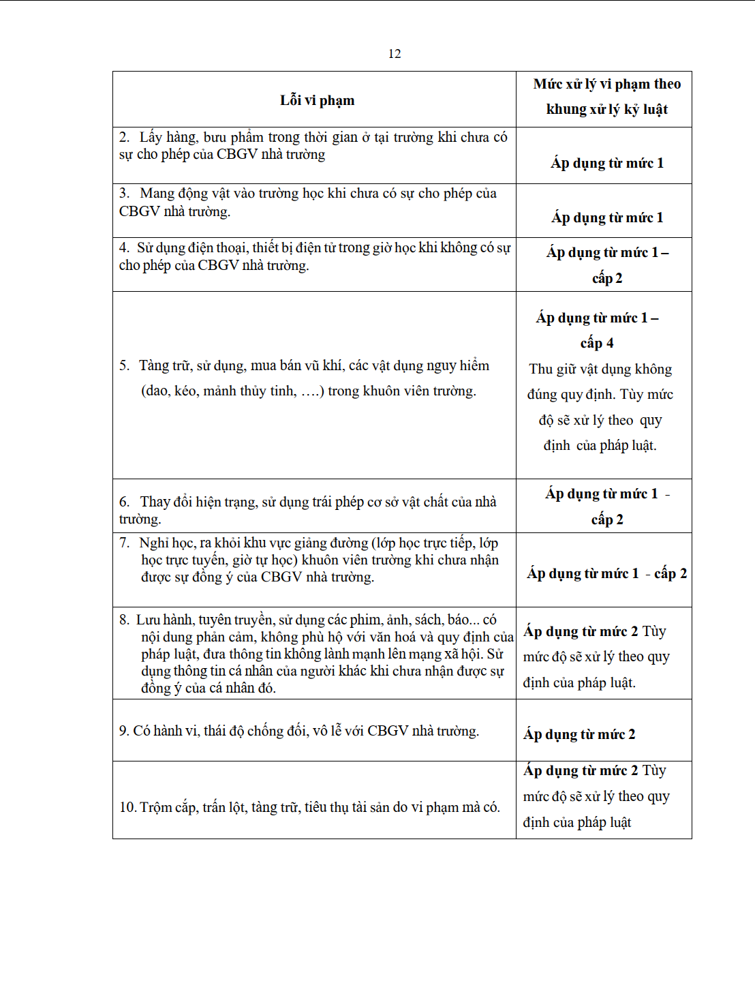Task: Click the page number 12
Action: click(x=395, y=54)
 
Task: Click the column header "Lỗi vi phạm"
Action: click(x=317, y=100)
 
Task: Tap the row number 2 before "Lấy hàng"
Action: click(x=123, y=138)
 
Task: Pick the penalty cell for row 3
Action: click(x=606, y=217)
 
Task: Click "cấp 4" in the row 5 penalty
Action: click(x=596, y=343)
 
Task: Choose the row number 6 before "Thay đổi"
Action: click(x=123, y=502)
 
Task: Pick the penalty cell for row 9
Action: click(x=579, y=734)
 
